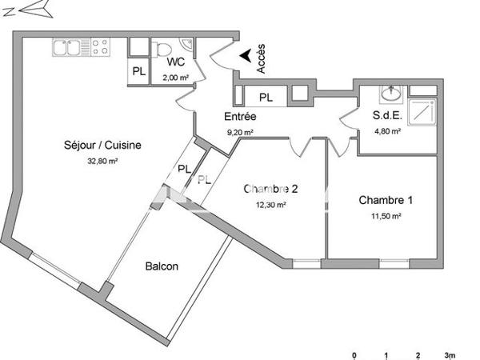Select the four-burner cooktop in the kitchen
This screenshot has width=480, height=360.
click(100, 48)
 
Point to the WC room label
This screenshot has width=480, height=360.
click(177, 62)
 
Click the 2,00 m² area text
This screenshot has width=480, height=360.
click(175, 78)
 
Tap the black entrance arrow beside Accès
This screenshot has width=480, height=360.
click(245, 55)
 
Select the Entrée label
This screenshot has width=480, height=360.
click(239, 117)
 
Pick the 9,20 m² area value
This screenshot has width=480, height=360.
click(239, 132)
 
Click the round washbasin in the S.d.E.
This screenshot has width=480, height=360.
click(391, 95)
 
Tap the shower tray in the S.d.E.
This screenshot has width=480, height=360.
click(422, 113)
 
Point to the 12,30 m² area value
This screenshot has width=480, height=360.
click(270, 205)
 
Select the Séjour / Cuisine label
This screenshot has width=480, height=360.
click(102, 146)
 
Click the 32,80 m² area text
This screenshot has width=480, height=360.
click(102, 161)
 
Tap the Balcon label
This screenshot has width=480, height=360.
click(162, 266)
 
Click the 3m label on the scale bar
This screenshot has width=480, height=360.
click(450, 354)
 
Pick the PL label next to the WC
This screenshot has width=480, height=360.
click(139, 71)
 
